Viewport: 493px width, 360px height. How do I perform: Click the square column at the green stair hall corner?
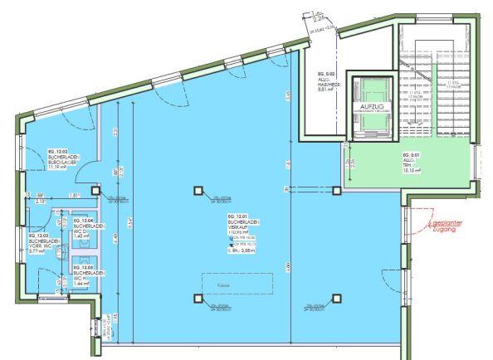click(336, 191)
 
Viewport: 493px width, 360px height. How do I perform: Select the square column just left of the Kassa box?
click(198, 299)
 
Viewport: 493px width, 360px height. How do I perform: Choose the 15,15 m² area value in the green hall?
click(412, 171)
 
